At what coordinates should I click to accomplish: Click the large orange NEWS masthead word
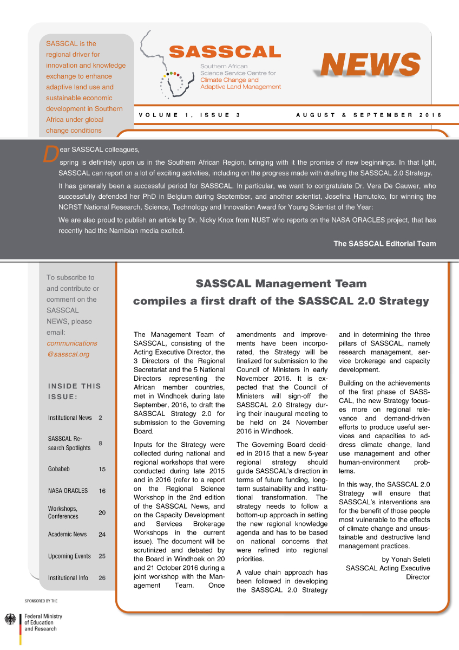tap(370, 66)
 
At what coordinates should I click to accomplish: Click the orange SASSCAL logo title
tap(225, 52)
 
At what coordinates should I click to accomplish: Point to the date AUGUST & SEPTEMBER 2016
tap(369, 115)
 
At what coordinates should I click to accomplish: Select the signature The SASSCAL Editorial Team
tap(384, 244)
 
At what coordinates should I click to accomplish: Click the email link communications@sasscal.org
tap(71, 349)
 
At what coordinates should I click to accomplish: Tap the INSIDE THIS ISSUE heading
tap(74, 392)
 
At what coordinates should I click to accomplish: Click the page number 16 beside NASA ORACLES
tap(102, 491)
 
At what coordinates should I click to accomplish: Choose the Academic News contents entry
tap(67, 534)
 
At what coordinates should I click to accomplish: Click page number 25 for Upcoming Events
tap(102, 556)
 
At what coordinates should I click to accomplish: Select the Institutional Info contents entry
tap(68, 578)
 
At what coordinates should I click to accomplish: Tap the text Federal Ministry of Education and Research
tap(43, 622)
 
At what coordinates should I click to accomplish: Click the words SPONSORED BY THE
tap(41, 601)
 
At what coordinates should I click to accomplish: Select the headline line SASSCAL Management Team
tap(281, 283)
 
